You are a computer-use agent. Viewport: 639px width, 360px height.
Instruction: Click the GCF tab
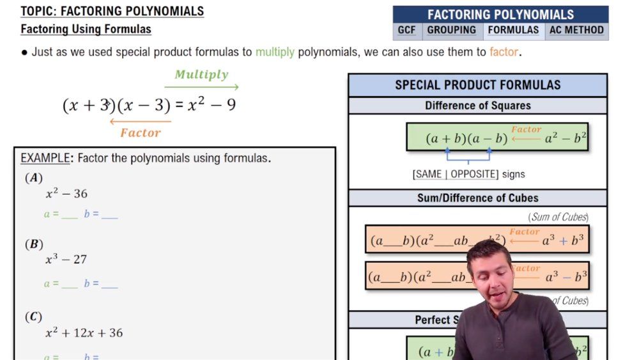tap(407, 30)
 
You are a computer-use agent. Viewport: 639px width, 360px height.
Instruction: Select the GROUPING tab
tap(451, 30)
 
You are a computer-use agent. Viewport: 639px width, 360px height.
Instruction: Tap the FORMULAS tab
tap(513, 30)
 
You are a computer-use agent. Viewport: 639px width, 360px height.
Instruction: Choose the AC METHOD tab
tap(576, 30)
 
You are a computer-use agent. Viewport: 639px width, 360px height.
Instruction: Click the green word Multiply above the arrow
tap(201, 74)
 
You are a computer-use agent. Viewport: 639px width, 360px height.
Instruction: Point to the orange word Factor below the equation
tap(141, 133)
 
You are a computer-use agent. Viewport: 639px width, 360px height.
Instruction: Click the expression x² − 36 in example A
tap(66, 193)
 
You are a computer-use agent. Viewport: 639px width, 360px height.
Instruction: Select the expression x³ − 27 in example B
tap(66, 259)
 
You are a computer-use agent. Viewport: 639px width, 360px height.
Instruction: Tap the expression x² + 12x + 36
tap(84, 333)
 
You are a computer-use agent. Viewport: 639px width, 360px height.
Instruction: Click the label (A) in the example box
tap(33, 178)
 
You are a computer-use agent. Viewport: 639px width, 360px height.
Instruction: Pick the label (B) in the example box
tap(33, 244)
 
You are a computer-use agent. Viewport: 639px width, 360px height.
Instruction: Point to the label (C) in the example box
tap(33, 317)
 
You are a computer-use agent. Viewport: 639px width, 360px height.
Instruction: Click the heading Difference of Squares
tap(477, 106)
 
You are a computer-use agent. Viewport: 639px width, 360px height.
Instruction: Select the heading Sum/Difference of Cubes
tap(477, 198)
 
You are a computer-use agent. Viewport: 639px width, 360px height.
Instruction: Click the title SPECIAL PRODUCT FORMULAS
tap(477, 85)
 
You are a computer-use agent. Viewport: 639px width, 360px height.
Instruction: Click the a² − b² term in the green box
tap(566, 138)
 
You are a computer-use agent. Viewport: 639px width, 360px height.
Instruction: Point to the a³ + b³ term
tap(563, 241)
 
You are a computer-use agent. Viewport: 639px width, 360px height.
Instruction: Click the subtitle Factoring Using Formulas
tap(86, 29)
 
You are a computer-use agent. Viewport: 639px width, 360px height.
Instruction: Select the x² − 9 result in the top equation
tap(212, 105)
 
